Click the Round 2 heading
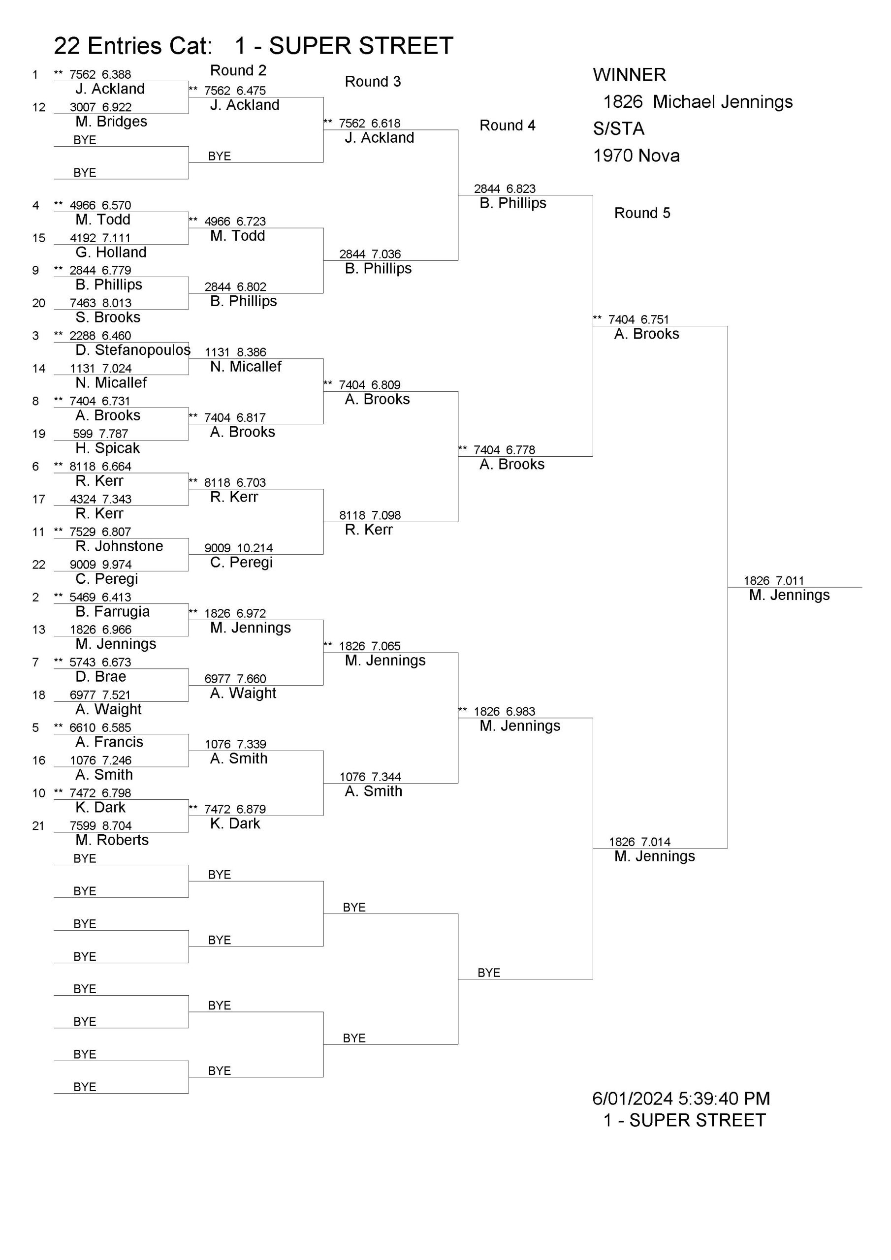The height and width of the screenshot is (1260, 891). pos(238,70)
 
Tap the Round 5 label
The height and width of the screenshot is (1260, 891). pos(642,213)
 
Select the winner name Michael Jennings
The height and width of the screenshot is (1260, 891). pos(723,101)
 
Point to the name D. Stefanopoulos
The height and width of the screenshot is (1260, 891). pos(133,349)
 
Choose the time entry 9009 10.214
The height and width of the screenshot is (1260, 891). pos(238,548)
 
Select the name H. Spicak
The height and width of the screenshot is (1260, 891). pos(108,448)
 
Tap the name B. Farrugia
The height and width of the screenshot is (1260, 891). pos(113,611)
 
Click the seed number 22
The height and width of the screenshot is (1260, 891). pos(38,565)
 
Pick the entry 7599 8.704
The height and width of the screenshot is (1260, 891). pos(100,825)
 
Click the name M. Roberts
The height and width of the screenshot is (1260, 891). pos(112,840)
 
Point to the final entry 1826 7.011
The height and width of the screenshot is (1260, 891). pos(773,581)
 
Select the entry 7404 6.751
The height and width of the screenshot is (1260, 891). pos(638,319)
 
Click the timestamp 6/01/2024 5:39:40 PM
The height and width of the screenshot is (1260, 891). pos(681,1098)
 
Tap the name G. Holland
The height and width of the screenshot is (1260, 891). pos(111,252)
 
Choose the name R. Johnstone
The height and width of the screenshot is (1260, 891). pos(119,546)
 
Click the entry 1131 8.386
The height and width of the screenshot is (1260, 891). pos(235,352)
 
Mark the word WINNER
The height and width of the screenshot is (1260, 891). pos(629,75)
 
